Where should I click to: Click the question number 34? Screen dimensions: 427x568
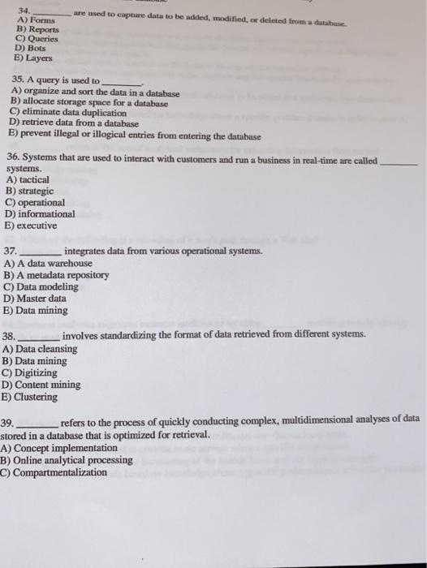click(34, 11)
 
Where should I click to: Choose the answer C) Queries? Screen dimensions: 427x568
click(37, 38)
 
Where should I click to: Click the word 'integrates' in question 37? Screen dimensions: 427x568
click(89, 252)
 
